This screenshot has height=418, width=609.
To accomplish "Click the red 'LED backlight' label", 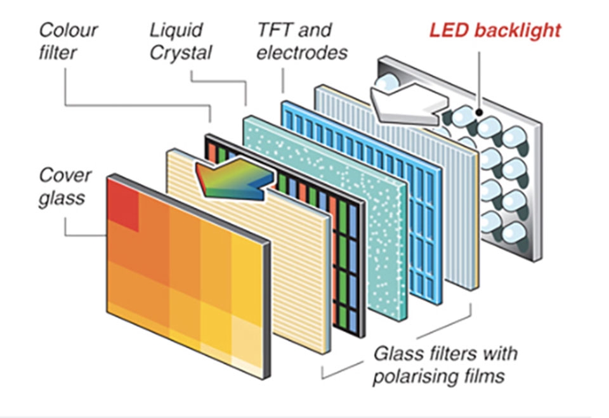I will point(495,30).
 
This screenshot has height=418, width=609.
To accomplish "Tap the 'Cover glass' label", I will point(65,186).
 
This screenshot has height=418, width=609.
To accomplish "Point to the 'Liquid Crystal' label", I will point(181,40).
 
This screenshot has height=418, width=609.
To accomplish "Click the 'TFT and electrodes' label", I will point(302,40).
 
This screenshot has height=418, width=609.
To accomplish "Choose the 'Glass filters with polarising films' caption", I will point(445,363).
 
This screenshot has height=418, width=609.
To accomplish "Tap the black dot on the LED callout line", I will point(481,114).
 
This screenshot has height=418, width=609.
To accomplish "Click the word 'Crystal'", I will point(181,52).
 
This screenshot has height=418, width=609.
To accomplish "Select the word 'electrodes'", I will point(302,52).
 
